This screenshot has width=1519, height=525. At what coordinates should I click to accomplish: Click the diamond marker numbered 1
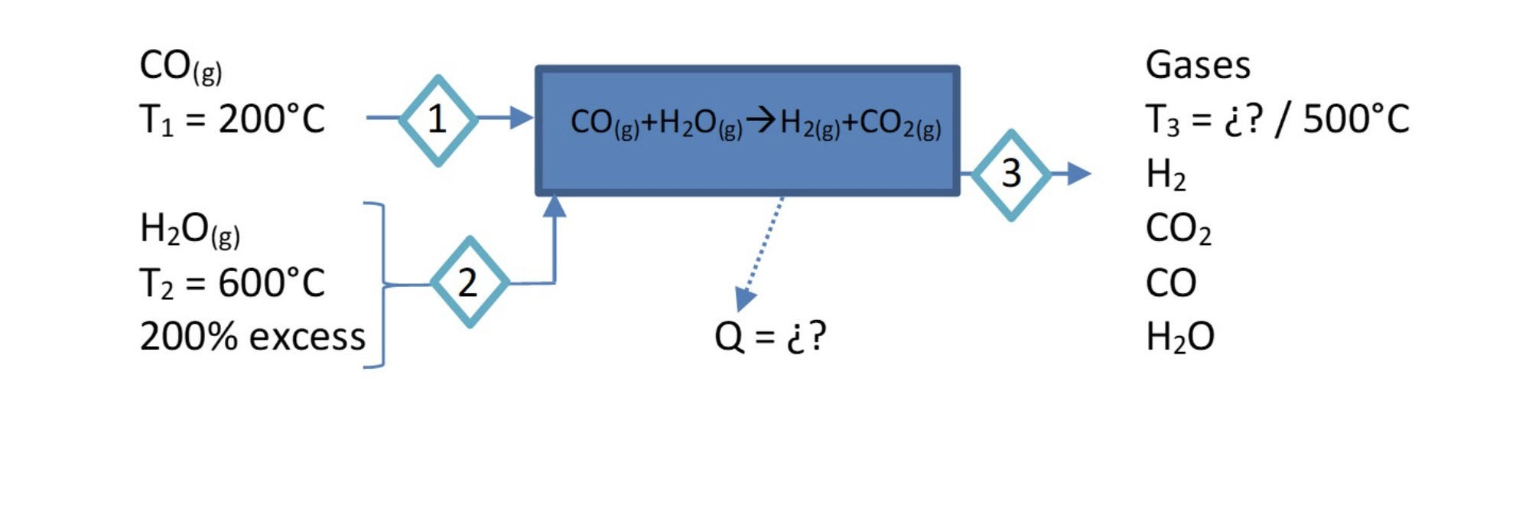438,119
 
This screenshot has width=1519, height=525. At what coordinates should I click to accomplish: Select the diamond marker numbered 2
469,282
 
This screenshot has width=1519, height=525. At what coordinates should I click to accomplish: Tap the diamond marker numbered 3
1011,174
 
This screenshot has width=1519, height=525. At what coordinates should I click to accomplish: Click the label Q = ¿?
770,336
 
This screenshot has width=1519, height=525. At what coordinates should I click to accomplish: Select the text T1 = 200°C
232,119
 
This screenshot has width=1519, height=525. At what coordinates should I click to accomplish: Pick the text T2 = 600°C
232,283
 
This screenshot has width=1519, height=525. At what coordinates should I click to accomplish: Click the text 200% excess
252,337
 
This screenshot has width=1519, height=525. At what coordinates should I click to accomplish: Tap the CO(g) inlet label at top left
181,67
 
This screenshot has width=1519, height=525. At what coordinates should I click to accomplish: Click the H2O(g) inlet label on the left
190,230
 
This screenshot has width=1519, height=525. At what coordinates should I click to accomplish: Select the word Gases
1198,65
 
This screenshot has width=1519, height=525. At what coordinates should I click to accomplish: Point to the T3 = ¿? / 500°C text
1277,119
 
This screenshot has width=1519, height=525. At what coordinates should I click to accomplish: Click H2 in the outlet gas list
1166,175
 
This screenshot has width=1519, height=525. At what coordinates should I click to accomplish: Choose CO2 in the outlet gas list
1178,229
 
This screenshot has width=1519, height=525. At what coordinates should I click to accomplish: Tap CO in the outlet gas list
1170,283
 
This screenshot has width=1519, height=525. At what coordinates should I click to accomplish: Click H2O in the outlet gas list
1179,337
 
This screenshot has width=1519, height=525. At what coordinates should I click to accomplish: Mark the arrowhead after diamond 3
1078,174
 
